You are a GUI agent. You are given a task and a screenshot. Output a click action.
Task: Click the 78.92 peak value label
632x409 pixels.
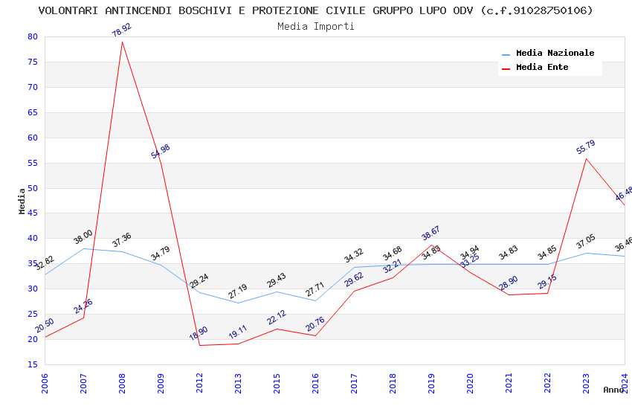tap(121, 30)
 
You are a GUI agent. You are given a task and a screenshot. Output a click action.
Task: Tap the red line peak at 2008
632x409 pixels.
tap(122, 42)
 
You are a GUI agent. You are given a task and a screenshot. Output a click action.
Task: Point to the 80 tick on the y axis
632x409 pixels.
tap(32, 37)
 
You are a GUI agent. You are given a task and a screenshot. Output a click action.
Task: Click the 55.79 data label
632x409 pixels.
tap(585, 147)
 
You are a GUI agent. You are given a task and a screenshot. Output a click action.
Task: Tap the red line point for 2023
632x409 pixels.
tap(586, 158)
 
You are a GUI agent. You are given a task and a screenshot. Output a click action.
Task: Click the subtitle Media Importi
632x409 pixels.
tap(316, 27)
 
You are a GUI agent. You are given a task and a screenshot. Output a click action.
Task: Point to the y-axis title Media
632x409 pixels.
tap(22, 201)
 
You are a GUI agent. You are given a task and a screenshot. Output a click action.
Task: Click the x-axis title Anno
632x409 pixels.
tap(613, 390)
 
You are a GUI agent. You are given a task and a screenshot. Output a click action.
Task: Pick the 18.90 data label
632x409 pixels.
tap(199, 333)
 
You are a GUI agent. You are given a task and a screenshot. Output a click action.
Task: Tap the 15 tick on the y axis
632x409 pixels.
tap(32, 364)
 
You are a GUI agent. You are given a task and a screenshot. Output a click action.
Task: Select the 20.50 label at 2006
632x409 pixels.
tap(45, 325)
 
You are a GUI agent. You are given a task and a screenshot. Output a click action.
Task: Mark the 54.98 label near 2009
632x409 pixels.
tap(160, 152)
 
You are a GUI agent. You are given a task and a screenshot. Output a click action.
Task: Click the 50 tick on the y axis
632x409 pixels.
tap(32, 188)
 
